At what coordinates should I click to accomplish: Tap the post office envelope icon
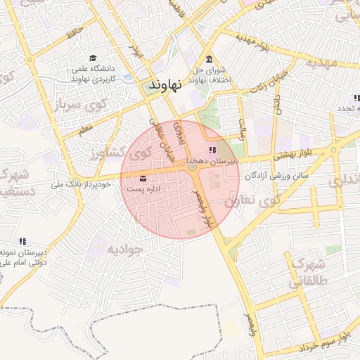tap(143, 178)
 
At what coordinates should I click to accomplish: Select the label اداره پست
tap(142, 190)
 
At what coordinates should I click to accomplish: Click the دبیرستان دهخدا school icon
tap(212, 150)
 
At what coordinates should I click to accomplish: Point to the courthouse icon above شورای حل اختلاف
tap(209, 59)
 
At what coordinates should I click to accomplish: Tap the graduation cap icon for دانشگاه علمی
tap(93, 58)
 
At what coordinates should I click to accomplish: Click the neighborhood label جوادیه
tap(124, 248)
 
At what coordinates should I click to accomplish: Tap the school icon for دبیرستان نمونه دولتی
tap(22, 240)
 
